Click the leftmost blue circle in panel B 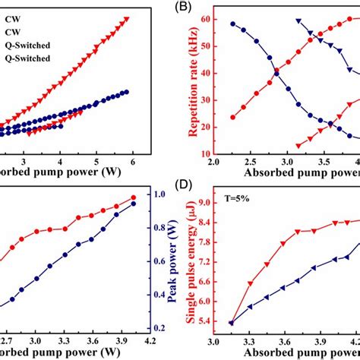click(x=233, y=24)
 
